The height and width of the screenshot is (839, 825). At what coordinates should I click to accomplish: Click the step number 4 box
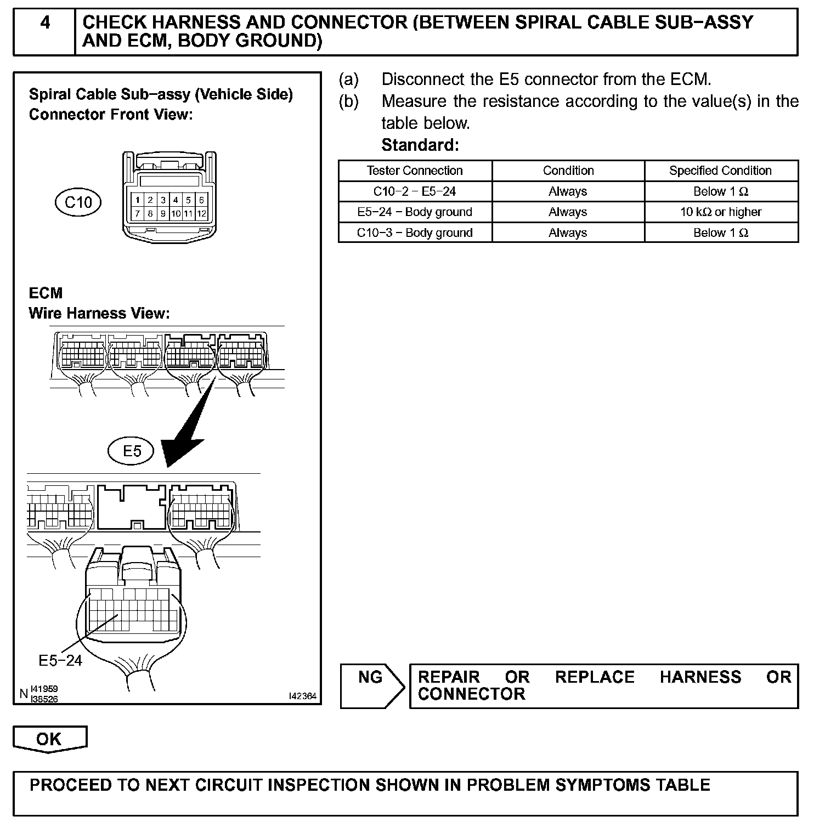[x=44, y=31]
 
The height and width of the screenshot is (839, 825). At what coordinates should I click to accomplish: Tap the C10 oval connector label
[x=78, y=202]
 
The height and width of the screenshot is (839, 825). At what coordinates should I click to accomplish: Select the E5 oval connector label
[x=132, y=451]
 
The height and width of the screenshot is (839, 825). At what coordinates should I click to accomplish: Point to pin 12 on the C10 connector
[x=201, y=214]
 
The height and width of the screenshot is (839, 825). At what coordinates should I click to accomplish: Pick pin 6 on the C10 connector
[x=201, y=200]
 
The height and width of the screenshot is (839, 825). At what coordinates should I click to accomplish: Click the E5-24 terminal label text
[x=60, y=661]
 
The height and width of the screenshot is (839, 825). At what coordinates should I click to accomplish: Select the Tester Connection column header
[x=415, y=171]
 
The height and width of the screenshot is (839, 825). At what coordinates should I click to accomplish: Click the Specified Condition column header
[x=720, y=171]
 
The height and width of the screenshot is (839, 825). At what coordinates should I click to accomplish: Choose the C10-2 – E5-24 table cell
[x=415, y=191]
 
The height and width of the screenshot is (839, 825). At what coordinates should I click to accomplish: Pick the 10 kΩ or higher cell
[x=720, y=212]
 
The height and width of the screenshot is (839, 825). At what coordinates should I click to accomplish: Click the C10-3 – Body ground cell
[x=415, y=233]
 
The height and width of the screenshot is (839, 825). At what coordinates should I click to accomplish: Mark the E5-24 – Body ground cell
[x=415, y=212]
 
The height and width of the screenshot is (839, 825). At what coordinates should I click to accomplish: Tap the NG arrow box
[x=371, y=685]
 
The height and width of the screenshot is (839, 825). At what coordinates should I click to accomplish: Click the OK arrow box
[x=49, y=739]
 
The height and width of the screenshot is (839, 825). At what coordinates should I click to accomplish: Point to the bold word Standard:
[x=420, y=145]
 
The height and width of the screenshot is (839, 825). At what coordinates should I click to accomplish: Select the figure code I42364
[x=302, y=696]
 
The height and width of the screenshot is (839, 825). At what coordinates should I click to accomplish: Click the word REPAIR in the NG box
[x=448, y=677]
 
